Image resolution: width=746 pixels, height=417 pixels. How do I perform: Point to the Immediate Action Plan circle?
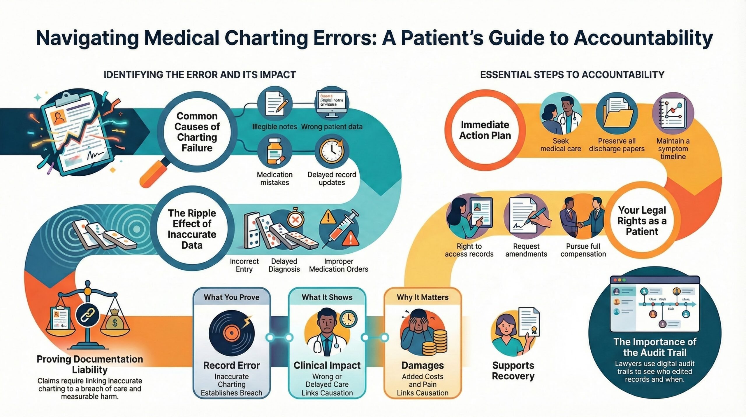[x=485, y=130]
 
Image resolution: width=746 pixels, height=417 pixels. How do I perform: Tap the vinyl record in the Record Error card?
[x=231, y=333]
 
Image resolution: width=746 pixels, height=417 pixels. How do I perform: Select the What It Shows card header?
[x=327, y=297]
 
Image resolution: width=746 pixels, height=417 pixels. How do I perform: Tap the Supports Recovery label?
[x=513, y=370]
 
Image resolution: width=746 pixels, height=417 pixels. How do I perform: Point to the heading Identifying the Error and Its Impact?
[x=200, y=75]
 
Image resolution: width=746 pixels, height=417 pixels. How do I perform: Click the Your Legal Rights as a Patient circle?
[x=642, y=221]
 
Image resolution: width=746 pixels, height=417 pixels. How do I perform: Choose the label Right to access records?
[x=469, y=250]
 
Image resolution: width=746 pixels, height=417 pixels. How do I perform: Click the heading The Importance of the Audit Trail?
[x=655, y=347]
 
